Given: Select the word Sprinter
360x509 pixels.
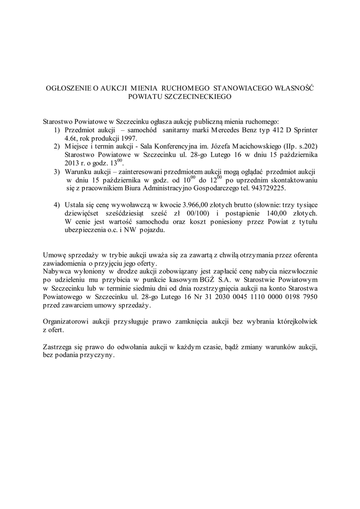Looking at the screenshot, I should pos(303,129).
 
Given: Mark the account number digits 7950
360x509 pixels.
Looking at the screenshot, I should pos(307,297).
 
